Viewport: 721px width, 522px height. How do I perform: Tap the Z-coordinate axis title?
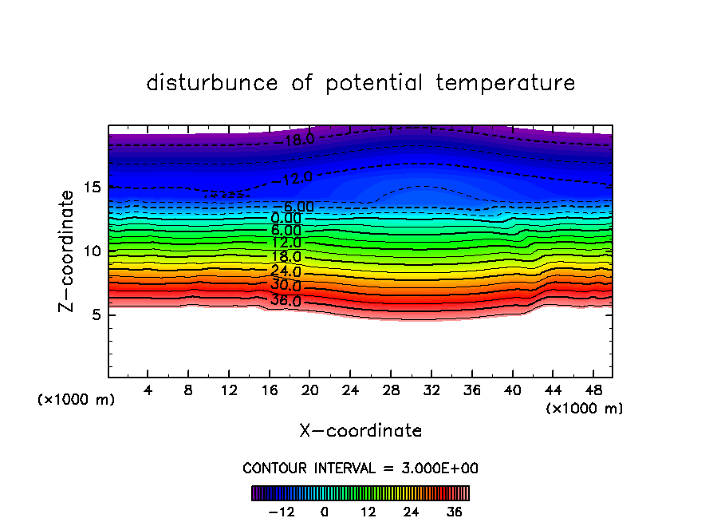coord(69,251)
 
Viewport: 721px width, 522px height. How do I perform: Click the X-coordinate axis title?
coord(360,431)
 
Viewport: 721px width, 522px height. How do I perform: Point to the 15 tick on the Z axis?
coord(90,188)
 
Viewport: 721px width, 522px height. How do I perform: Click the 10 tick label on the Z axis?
coord(90,251)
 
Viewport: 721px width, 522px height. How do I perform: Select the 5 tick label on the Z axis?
coord(94,314)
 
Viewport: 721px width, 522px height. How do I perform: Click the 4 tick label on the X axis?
coord(148,391)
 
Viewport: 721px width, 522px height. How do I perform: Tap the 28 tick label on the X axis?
coord(390,391)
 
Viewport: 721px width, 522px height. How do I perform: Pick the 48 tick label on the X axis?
coord(592,391)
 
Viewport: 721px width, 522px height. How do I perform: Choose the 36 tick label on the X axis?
coord(471,391)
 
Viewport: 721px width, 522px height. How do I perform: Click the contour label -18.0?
coord(299,140)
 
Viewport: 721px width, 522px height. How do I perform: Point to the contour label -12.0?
coord(297,178)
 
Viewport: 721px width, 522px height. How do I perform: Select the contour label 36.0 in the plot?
coord(286,301)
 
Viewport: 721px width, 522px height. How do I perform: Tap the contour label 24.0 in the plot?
coord(286,271)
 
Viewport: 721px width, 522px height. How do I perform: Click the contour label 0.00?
coord(286,218)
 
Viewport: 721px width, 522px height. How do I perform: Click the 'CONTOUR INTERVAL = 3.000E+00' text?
coord(360,468)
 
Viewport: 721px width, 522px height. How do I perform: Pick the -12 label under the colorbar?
coord(281,512)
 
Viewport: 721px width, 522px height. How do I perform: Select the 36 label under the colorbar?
coord(455,512)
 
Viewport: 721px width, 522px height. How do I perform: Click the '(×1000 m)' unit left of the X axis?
coord(77,400)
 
